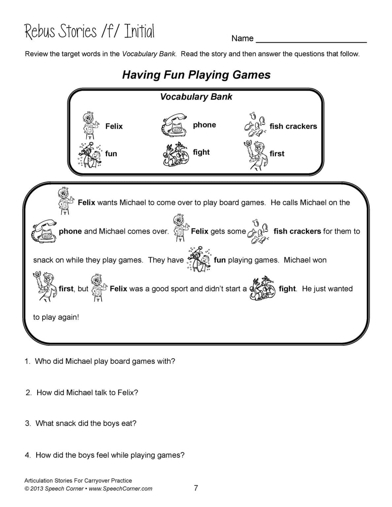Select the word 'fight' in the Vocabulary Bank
[201, 152]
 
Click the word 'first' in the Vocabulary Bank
[277, 153]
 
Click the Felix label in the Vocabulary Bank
[114, 126]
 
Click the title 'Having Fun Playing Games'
[196, 75]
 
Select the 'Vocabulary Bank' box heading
[196, 97]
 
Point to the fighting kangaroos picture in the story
[263, 288]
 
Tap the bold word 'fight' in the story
[287, 289]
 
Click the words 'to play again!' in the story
[56, 318]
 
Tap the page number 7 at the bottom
[196, 488]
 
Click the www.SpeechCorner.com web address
[121, 489]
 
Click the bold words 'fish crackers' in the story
[297, 231]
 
